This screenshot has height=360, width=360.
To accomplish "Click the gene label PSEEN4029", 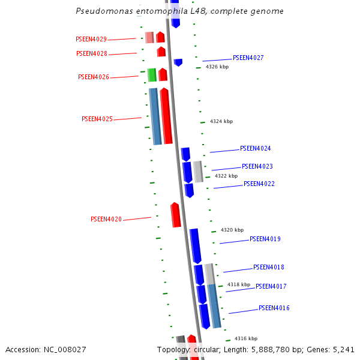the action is click(91, 40).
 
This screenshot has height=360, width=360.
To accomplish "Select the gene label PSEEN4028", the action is click(92, 54).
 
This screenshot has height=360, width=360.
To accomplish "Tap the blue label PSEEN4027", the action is click(248, 58).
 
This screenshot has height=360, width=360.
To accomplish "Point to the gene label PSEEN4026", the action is click(94, 77).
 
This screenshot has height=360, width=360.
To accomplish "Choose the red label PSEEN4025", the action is click(97, 119).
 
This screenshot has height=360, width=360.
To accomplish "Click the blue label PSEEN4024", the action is click(255, 149).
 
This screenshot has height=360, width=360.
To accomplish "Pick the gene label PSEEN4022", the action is click(259, 184).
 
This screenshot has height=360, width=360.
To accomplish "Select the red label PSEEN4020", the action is click(106, 220).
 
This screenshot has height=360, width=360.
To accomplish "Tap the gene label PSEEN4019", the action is click(265, 239).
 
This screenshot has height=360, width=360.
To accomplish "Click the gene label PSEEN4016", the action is click(274, 308).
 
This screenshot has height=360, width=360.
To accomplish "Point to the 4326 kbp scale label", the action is click(217, 67).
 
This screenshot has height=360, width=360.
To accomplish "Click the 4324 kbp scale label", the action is click(221, 122).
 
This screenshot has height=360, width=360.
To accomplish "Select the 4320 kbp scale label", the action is click(232, 230).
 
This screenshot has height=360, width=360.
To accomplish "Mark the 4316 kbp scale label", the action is click(246, 339).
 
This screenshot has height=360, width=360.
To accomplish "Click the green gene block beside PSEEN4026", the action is click(152, 75).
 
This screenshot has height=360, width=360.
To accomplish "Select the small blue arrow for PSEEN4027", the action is click(178, 62).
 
